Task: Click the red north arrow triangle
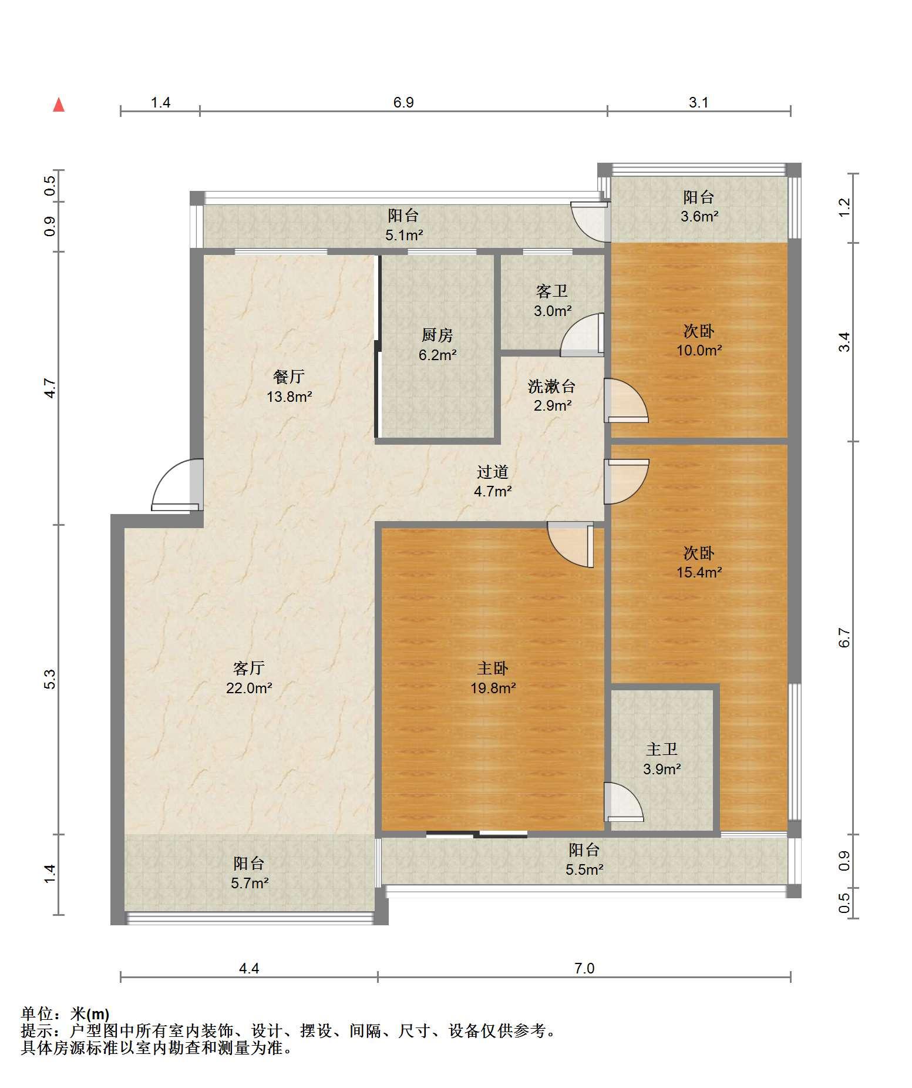[59, 105]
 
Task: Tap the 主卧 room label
[492, 668]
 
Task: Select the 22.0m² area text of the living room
[249, 687]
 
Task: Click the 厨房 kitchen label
[438, 335]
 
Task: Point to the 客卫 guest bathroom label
[552, 291]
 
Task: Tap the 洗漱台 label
[551, 386]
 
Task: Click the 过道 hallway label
[492, 471]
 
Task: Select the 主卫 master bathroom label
[662, 749]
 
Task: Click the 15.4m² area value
[699, 572]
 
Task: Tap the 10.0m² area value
[699, 350]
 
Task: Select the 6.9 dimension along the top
[403, 103]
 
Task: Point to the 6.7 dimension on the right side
[844, 638]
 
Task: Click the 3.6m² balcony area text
[699, 216]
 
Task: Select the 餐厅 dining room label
[289, 377]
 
